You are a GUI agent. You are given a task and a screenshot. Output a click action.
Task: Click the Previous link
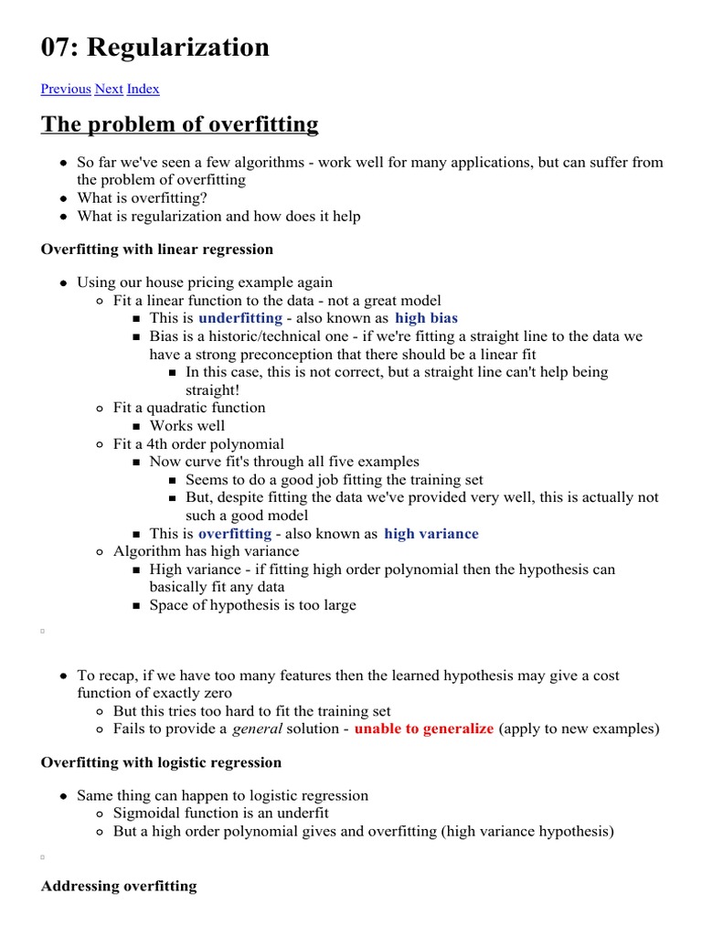[x=66, y=89]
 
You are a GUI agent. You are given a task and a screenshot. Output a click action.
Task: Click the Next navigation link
[x=109, y=89]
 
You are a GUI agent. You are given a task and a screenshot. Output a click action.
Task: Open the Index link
[x=143, y=89]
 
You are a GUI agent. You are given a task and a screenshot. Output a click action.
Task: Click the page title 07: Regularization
[x=155, y=47]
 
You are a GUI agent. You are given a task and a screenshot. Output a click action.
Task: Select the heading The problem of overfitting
[x=179, y=124]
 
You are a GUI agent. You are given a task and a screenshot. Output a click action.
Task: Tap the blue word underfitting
[x=240, y=318]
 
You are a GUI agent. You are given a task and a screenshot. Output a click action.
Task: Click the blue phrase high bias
[x=426, y=318]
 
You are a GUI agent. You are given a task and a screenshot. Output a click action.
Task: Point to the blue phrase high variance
[x=431, y=534]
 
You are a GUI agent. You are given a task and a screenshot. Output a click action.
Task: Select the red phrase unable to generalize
[x=424, y=729]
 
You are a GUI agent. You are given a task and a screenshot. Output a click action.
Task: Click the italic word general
[x=257, y=729]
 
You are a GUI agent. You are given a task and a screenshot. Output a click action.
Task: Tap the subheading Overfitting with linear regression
[x=157, y=249]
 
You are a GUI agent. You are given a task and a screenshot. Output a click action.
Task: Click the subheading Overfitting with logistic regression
[x=162, y=761]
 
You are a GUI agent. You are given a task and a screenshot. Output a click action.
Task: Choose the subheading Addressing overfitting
[x=119, y=886]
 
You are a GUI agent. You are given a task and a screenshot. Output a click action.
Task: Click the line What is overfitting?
[x=142, y=197]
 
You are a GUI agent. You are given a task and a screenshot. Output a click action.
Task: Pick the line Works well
[x=187, y=426]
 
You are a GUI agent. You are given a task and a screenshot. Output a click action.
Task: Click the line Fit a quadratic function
[x=189, y=408]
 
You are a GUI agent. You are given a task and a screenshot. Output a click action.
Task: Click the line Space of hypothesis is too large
[x=253, y=605]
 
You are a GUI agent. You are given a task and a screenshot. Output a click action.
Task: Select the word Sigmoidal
[x=146, y=814]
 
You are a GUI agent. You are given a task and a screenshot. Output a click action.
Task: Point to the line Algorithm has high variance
[x=206, y=551]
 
